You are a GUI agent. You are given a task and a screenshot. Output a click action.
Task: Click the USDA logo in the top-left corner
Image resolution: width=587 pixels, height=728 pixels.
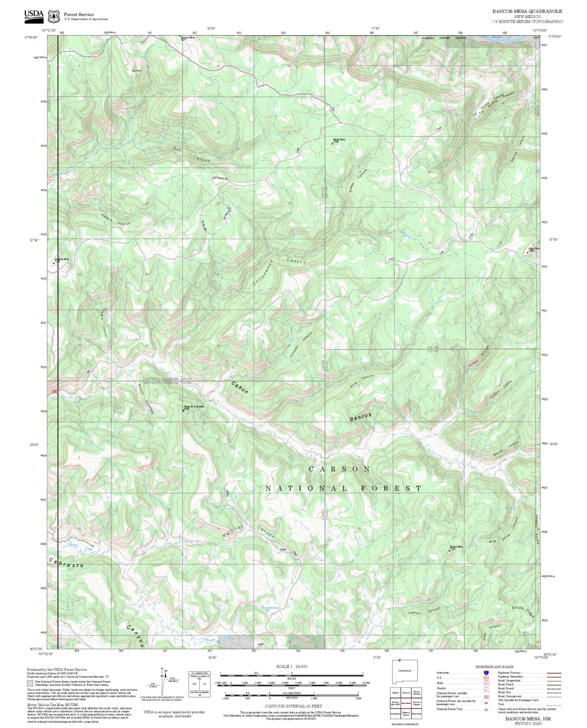pyautogui.click(x=34, y=15)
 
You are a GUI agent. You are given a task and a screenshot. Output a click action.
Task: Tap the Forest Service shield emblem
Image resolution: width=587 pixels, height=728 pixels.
pyautogui.click(x=54, y=17)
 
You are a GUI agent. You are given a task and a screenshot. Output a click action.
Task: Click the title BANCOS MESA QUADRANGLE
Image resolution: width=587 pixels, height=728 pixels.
pyautogui.click(x=527, y=11)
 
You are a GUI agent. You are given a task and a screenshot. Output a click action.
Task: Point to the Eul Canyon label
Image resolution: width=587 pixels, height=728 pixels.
pyautogui.click(x=192, y=154)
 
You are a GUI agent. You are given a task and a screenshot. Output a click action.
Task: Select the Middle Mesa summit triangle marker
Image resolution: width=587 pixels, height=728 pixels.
pyautogui.click(x=332, y=143)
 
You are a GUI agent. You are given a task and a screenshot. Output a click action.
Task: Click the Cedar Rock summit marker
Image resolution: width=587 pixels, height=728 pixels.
pyautogui.click(x=528, y=253)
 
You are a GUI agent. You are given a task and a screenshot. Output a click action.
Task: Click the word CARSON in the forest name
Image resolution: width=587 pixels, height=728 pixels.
pyautogui.click(x=339, y=469)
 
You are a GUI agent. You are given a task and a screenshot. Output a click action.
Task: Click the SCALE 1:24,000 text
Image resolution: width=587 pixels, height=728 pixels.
pyautogui.click(x=292, y=667)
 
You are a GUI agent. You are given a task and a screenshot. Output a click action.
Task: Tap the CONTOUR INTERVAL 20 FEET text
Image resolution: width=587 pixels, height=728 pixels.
pyautogui.click(x=293, y=706)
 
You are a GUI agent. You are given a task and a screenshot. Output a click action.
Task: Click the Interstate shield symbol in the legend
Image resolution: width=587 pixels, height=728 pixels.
pyautogui.click(x=486, y=673)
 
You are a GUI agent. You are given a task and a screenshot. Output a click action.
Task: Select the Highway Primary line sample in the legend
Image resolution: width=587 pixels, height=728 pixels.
pyautogui.click(x=552, y=673)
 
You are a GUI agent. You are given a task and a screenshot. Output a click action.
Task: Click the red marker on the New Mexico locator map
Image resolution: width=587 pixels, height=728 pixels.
pyautogui.click(x=399, y=660)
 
